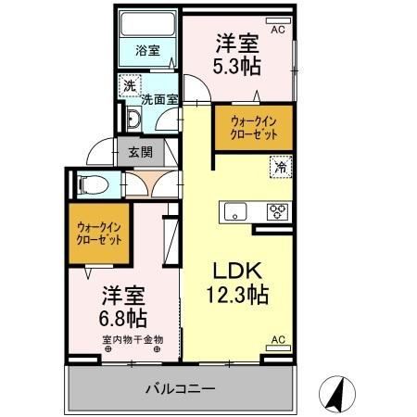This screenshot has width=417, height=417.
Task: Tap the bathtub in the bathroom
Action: click(147, 28)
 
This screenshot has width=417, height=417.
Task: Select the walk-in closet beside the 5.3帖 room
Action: click(253, 126)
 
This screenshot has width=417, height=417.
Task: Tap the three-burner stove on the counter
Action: click(277, 208)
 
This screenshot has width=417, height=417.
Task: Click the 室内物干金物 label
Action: click(132, 339)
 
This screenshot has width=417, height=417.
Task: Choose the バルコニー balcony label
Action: click(181, 389)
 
